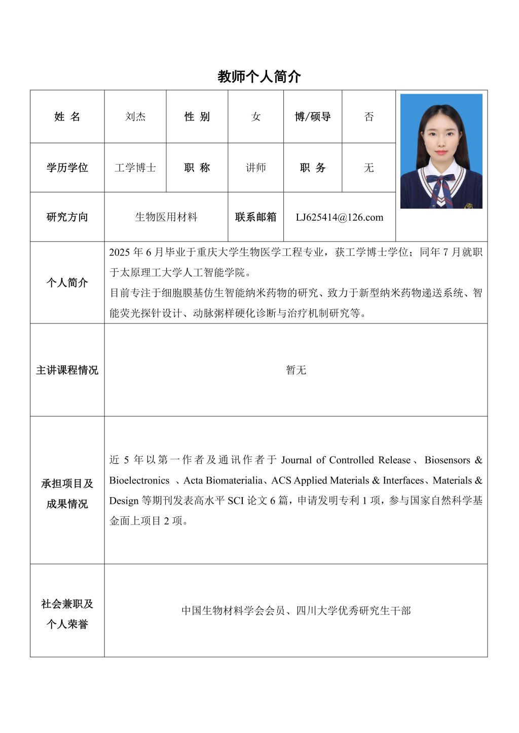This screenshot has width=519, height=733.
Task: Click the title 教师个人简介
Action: coord(259,76)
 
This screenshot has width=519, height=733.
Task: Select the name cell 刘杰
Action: coord(135,117)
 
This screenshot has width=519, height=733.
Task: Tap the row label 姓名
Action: coord(67,117)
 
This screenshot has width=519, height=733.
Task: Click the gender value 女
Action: coord(256,117)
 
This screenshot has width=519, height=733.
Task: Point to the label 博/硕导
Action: coord(313,117)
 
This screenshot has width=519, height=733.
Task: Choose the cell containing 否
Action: coord(369,117)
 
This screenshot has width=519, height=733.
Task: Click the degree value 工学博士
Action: coord(135,168)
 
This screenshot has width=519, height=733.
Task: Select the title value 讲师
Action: coord(256,168)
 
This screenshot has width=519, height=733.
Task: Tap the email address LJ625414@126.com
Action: coord(340,217)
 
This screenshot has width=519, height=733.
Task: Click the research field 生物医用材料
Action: coord(166,217)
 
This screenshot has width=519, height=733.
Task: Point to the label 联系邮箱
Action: coord(256,217)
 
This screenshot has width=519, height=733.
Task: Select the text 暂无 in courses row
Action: coord(296,370)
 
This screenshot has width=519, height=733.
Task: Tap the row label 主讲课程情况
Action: coord(67,370)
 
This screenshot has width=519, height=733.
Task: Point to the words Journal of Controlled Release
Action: coord(346,460)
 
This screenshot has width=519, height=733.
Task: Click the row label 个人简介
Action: coord(67,282)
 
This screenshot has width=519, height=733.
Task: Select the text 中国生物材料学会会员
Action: coord(233,610)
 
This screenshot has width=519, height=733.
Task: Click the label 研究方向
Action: coord(67,217)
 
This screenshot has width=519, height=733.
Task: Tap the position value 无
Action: coord(369,168)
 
